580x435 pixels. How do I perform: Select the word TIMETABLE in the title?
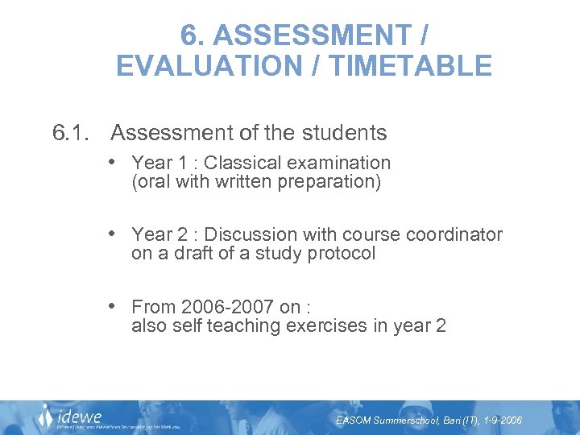point(412,65)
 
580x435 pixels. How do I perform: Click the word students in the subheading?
point(339,133)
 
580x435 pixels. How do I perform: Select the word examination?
point(341,163)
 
